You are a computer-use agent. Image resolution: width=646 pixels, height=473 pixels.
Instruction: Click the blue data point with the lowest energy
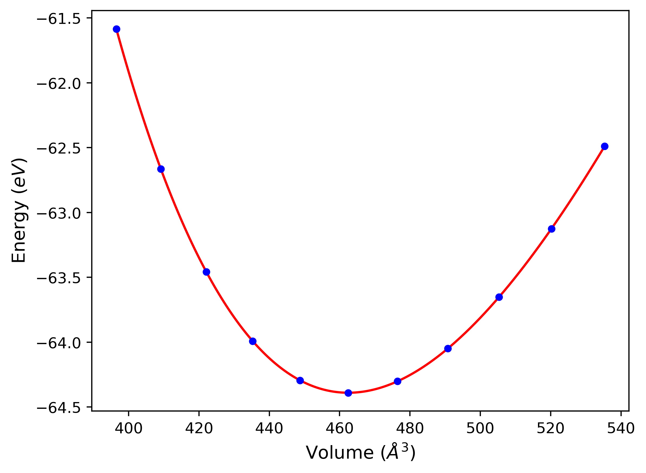point(348,393)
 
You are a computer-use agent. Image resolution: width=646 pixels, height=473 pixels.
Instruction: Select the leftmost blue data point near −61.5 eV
point(116,29)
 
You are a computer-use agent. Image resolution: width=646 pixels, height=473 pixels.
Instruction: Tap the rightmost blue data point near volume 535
point(605,146)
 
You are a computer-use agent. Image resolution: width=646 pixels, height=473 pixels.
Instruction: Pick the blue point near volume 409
point(161,169)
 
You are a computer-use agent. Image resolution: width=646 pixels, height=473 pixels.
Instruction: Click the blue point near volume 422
point(207,272)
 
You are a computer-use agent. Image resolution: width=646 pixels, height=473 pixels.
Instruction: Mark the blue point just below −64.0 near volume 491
point(448,348)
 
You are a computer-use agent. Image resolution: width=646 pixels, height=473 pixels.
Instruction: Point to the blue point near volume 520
point(552,229)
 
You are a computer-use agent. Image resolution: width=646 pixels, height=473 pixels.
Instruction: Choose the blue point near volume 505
point(499,297)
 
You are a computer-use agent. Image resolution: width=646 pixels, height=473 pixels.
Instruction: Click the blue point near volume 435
point(253,341)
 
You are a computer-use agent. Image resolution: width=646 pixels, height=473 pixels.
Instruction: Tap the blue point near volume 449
point(300,380)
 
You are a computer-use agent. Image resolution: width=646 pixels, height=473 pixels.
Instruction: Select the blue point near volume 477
point(397,381)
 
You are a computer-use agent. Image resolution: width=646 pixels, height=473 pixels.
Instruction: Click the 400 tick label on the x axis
point(129,429)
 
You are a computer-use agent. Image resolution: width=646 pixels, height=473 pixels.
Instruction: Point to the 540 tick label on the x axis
point(621,429)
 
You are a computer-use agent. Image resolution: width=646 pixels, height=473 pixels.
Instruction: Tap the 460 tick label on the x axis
point(340,429)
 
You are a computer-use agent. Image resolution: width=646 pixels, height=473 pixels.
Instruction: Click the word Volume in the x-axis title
point(340,453)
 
